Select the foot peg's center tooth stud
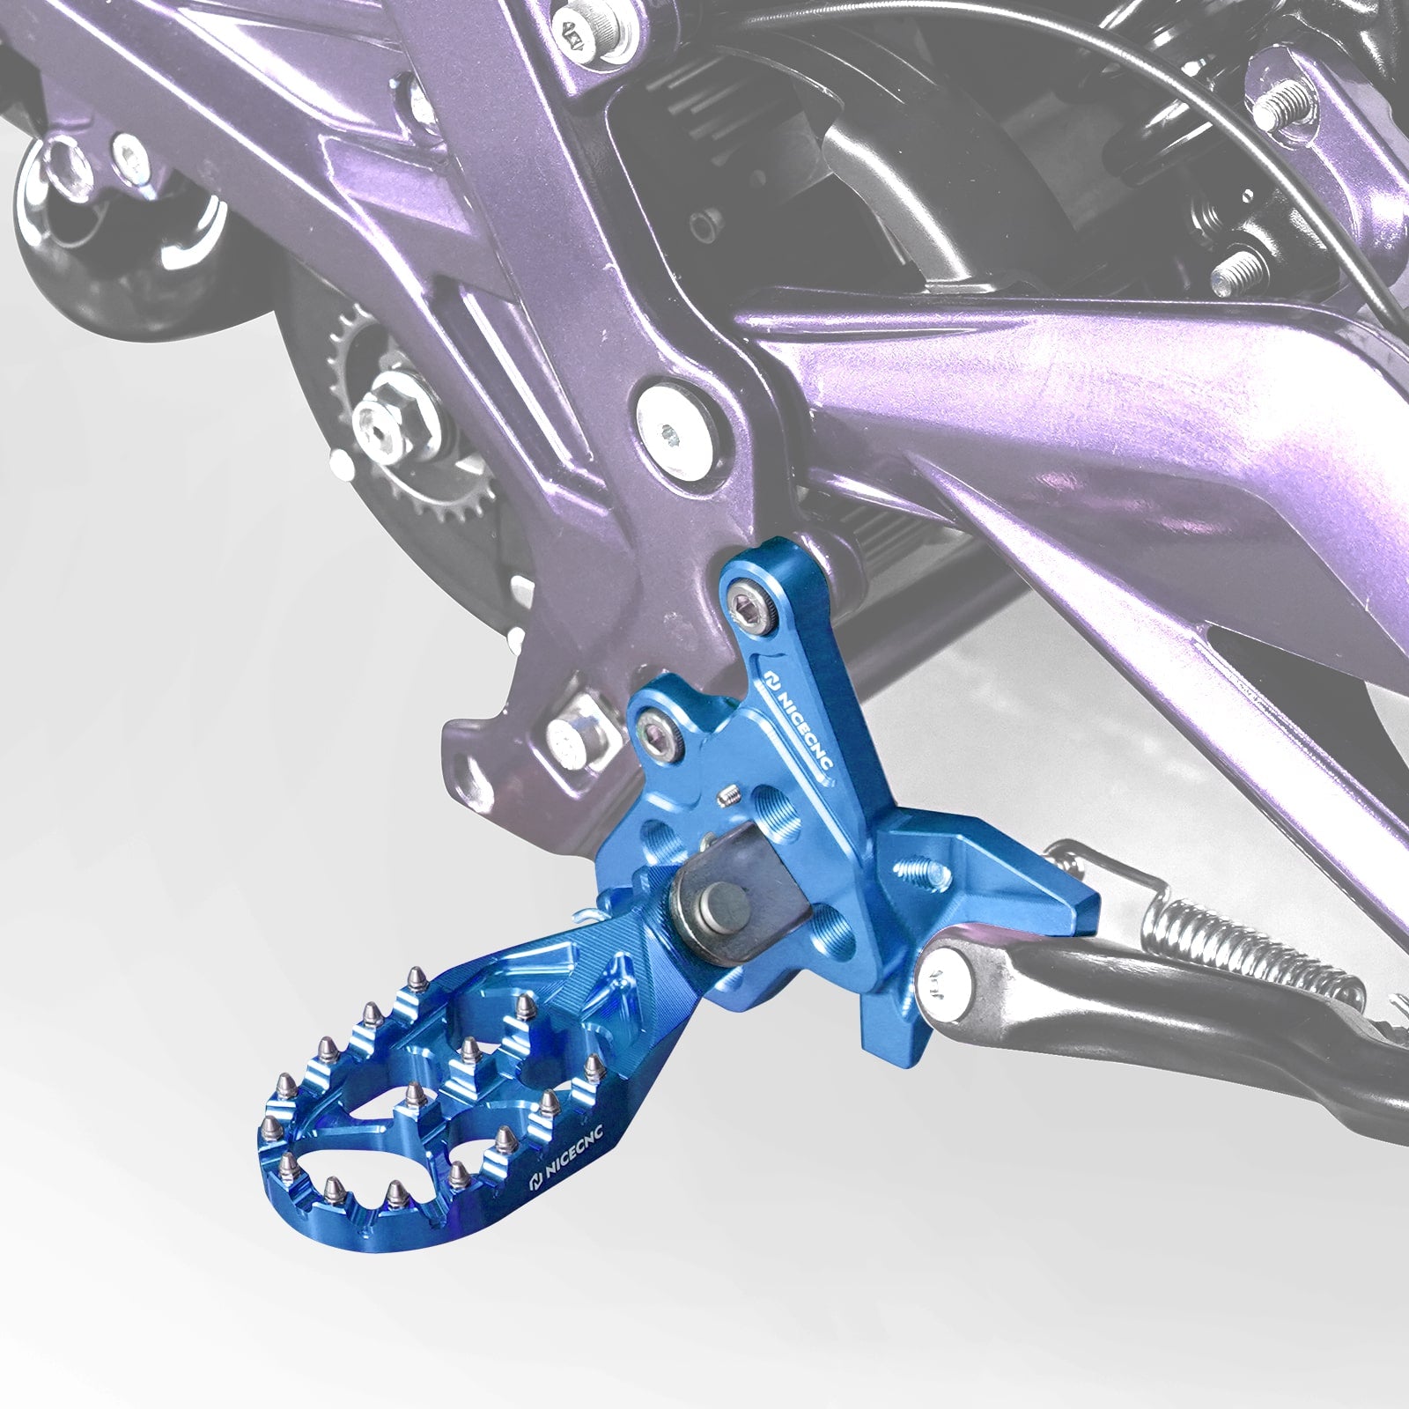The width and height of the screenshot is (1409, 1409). (470, 1050)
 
